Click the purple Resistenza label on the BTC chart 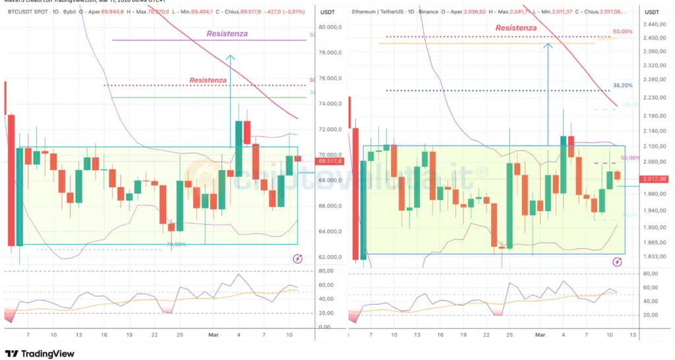(227, 34)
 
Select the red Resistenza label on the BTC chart (208, 80)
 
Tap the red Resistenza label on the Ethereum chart (515, 28)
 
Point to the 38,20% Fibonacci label (622, 86)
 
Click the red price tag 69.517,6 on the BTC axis (328, 161)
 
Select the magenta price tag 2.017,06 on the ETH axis (654, 179)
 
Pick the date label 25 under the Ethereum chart (508, 335)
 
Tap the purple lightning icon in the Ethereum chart (617, 262)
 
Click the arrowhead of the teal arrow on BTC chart (230, 58)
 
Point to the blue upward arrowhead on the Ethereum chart (547, 45)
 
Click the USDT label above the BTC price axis (328, 12)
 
